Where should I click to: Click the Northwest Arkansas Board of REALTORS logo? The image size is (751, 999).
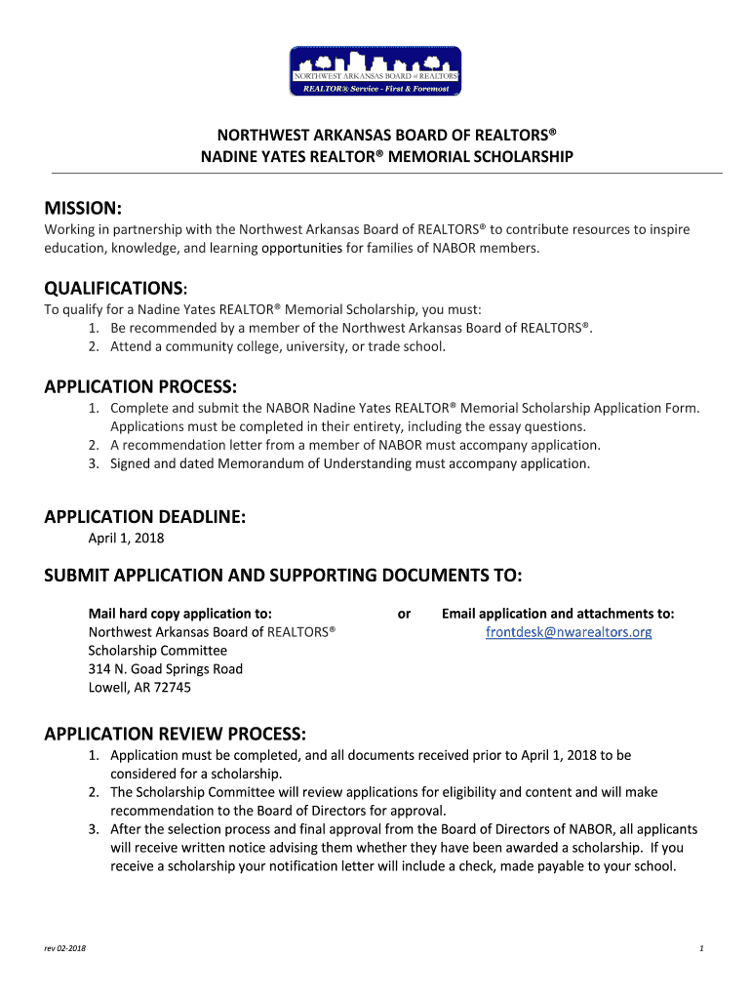375,71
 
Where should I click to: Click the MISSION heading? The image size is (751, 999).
83,208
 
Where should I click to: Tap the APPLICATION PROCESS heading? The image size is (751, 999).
140,386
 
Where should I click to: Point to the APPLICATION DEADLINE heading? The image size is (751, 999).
144,517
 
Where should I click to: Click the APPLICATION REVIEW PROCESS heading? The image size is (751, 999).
176,733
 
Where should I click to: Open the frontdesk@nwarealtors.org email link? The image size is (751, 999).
569,632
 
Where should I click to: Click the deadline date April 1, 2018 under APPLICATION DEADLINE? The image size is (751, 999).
126,538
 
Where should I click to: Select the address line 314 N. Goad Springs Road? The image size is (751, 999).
166,669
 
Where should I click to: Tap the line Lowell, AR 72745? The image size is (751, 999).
139,688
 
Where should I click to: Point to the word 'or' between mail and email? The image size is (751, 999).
404,614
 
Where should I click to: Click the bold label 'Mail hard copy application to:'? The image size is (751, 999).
179,614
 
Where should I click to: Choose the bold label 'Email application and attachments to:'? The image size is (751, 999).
558,614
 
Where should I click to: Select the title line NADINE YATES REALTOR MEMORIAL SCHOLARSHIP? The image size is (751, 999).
387,157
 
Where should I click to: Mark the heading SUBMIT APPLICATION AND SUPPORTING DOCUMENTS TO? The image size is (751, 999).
283,576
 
